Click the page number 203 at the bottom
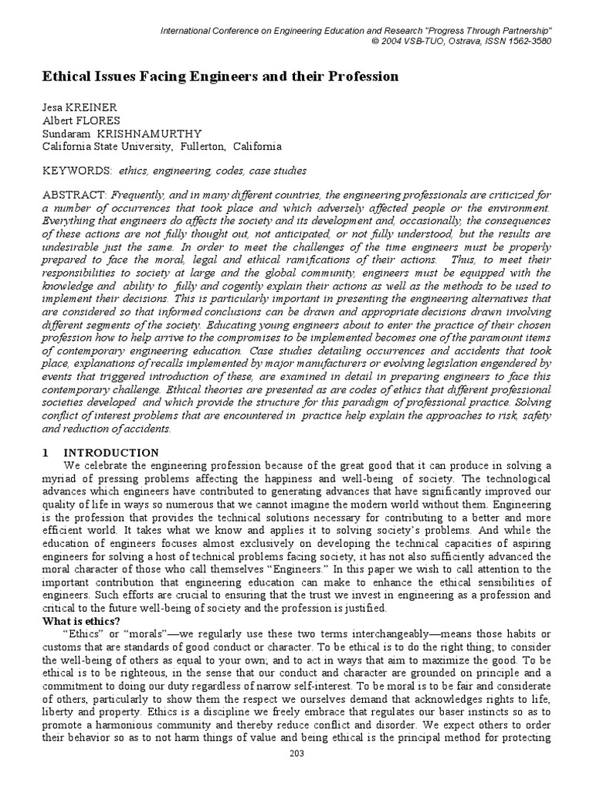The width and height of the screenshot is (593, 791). click(296, 775)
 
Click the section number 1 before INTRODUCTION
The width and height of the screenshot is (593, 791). click(46, 453)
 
